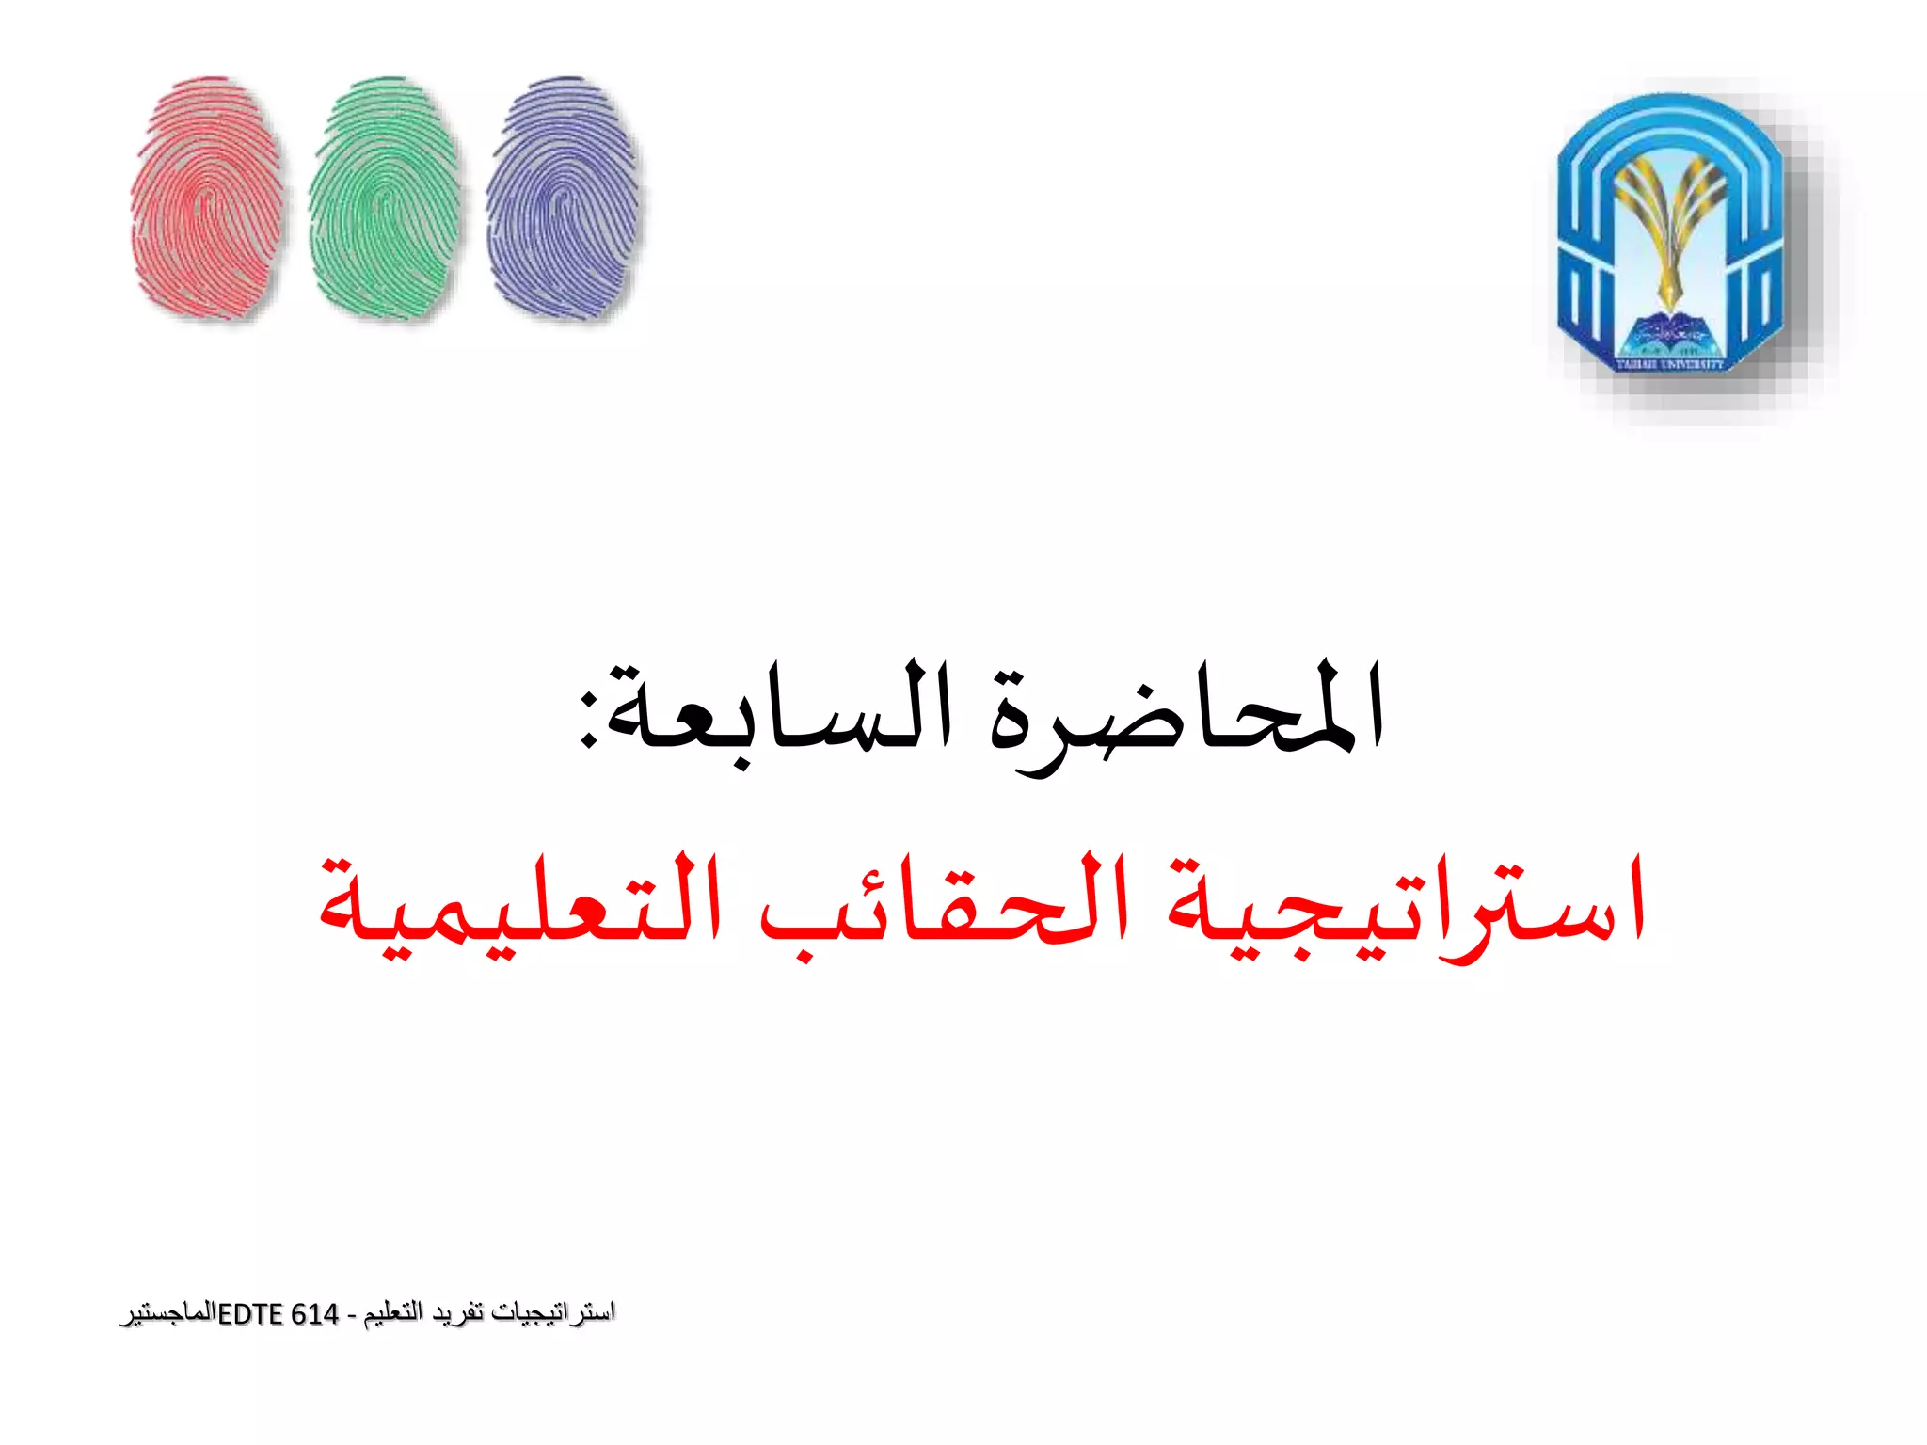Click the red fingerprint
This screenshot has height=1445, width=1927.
pyautogui.click(x=207, y=199)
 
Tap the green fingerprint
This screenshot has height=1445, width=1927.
pyautogui.click(x=385, y=199)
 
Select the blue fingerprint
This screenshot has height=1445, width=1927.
pyautogui.click(x=563, y=199)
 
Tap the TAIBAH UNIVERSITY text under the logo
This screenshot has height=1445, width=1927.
pyautogui.click(x=1670, y=363)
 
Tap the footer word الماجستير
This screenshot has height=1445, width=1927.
pyautogui.click(x=168, y=1314)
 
